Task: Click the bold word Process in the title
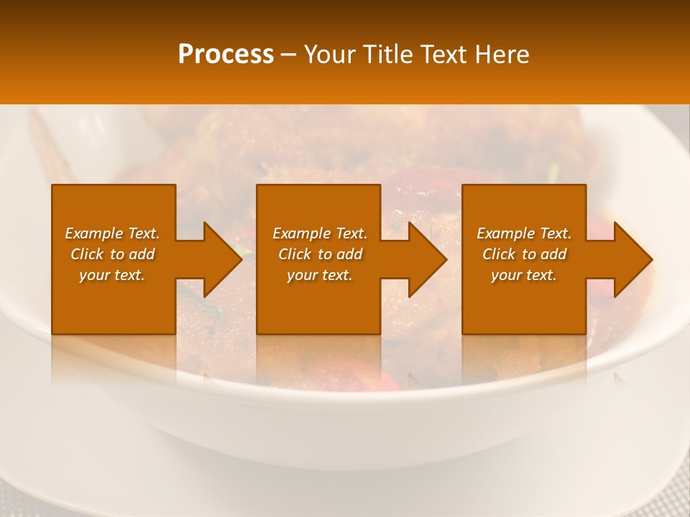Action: coord(225,55)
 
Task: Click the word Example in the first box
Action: coord(93,233)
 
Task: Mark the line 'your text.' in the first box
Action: coord(112,275)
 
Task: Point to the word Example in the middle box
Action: coord(301,233)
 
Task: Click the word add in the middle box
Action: coord(349,254)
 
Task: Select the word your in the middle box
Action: coord(301,275)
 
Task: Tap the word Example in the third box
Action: coord(505,233)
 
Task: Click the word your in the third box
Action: coord(505,275)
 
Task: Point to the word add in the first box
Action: coord(142,254)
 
